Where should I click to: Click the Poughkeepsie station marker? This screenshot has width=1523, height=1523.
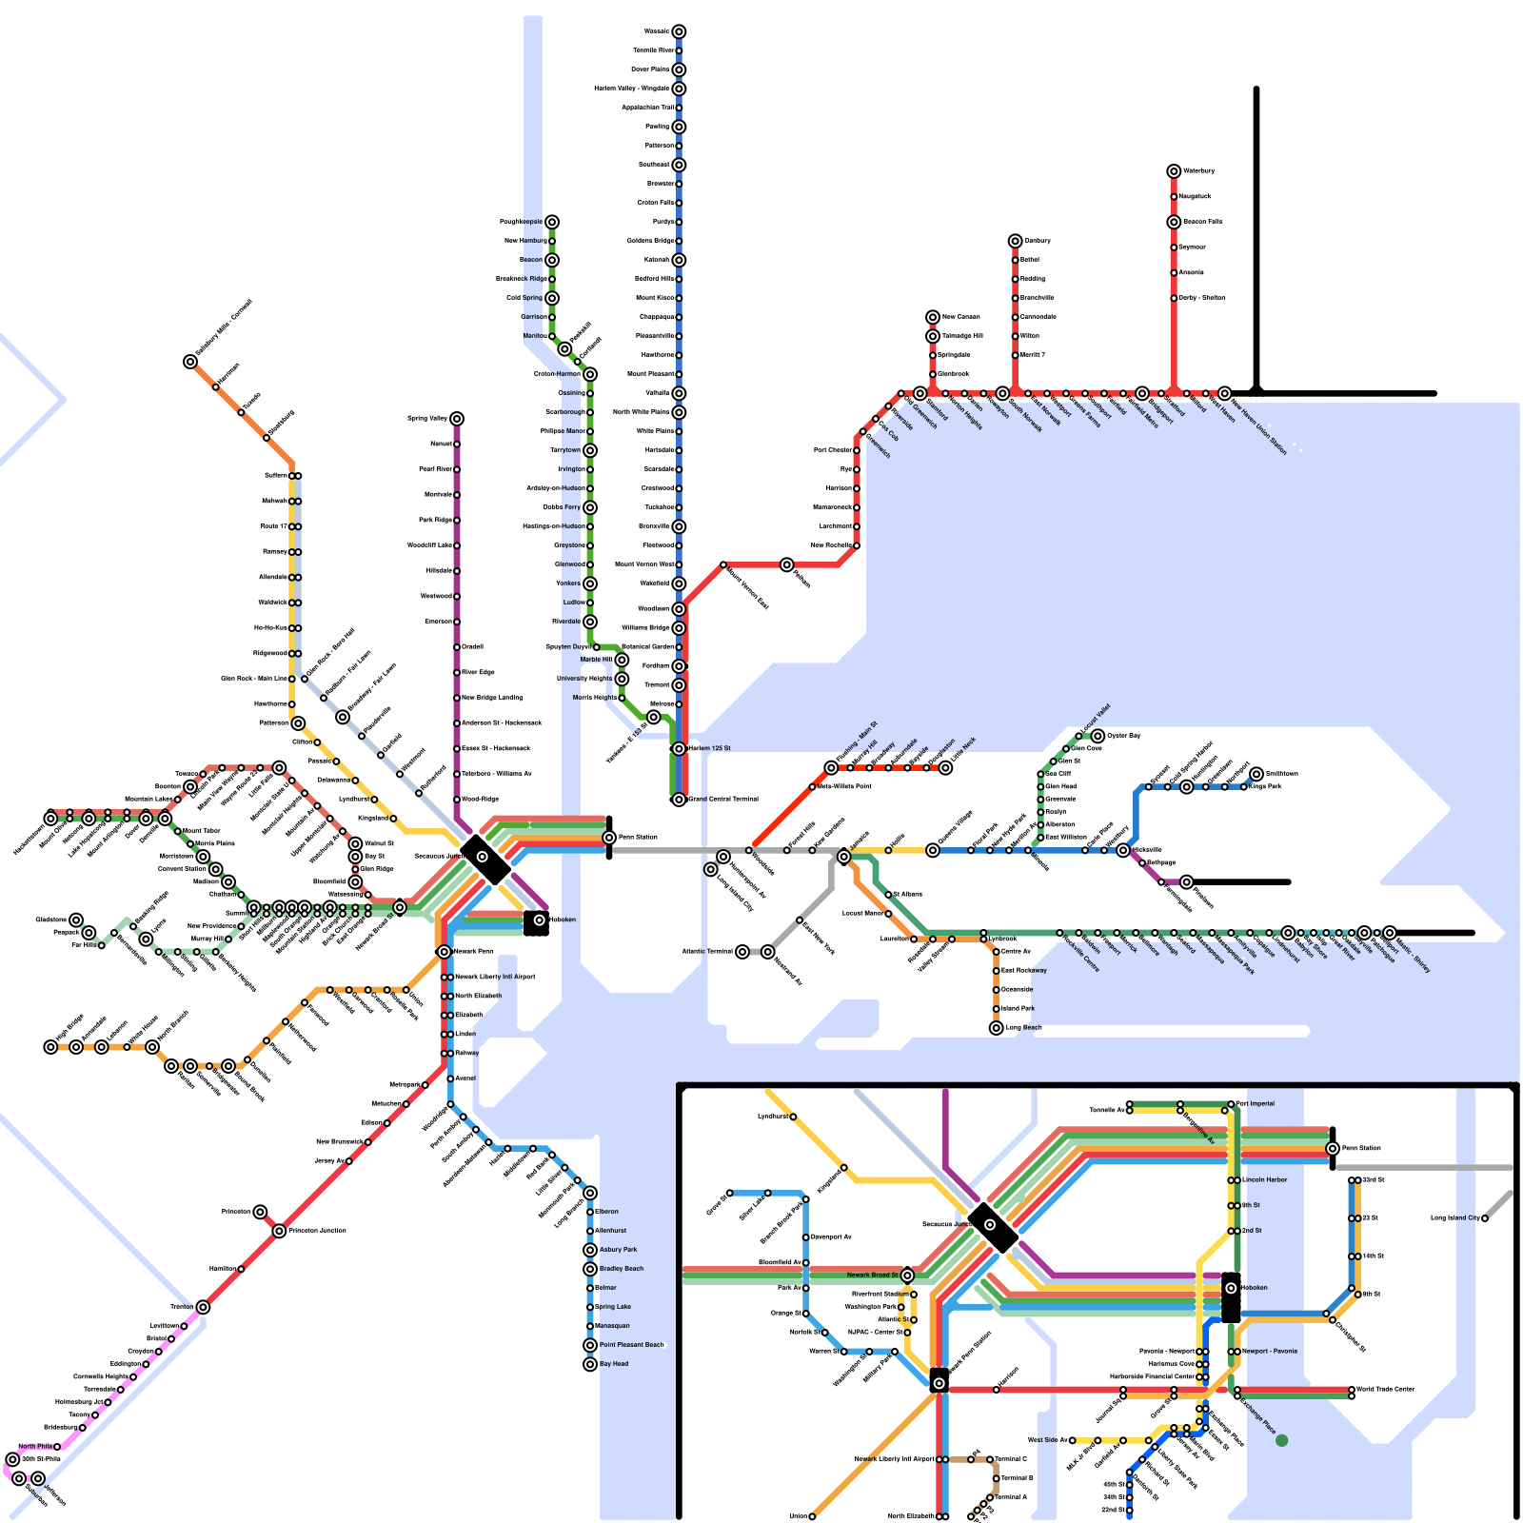pos(552,222)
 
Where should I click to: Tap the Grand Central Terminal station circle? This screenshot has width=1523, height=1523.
pos(679,800)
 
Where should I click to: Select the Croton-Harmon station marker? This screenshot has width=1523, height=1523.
pos(590,374)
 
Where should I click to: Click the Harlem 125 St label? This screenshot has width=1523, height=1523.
pos(709,748)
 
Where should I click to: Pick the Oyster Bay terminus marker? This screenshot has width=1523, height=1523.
pos(1098,736)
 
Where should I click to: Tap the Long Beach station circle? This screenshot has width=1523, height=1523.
pos(997,1028)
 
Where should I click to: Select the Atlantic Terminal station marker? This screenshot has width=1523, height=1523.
pos(742,952)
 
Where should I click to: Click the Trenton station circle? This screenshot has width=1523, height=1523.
pos(203,1307)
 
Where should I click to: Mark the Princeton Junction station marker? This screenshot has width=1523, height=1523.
pos(279,1231)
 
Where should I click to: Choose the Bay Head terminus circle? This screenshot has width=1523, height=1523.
pos(590,1364)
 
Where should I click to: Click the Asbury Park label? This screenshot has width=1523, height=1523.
pos(618,1250)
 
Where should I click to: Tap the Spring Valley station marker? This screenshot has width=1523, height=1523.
pos(457,419)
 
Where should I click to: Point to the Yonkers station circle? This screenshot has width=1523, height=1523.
pos(590,583)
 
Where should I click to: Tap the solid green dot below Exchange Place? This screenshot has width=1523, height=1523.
pos(1281,1440)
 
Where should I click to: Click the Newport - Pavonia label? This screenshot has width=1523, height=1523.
pos(1269,1351)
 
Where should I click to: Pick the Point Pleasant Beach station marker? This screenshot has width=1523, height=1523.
pos(590,1345)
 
